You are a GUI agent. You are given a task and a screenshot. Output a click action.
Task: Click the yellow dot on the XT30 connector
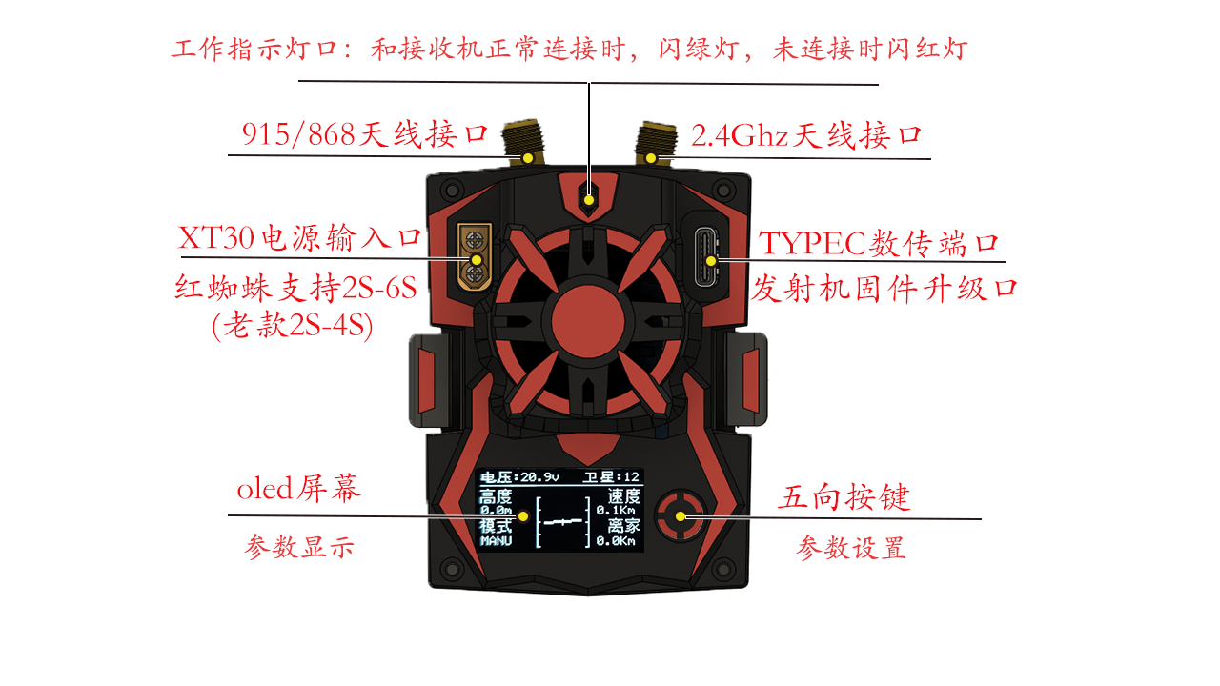click(476, 260)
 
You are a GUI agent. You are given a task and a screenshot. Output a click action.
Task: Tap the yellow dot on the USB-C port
click(711, 261)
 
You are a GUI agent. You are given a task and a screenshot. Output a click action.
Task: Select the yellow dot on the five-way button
click(681, 516)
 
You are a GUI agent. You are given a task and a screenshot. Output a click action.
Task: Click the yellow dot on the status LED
click(589, 200)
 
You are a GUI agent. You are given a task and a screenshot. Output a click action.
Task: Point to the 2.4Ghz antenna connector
click(656, 143)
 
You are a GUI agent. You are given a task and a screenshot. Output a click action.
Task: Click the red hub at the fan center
click(588, 321)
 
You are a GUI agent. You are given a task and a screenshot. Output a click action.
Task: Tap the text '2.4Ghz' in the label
click(739, 135)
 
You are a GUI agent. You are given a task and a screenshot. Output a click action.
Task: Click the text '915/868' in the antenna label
click(298, 134)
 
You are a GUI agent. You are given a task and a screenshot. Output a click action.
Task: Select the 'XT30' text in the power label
click(216, 238)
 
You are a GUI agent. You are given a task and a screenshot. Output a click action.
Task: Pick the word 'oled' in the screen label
click(265, 489)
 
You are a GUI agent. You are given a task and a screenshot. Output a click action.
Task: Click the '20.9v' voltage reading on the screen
click(539, 477)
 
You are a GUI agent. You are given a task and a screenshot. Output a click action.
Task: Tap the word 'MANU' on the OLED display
click(496, 541)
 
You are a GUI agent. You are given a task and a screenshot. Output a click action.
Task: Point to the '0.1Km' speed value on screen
click(616, 511)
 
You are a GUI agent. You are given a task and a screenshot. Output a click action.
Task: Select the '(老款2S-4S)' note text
click(293, 326)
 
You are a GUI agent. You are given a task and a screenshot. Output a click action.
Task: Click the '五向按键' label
click(844, 497)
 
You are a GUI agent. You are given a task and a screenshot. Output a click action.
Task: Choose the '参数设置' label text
click(851, 548)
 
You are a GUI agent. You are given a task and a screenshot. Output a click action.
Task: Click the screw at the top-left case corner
click(452, 191)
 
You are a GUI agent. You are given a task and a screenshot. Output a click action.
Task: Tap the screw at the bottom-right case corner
click(723, 570)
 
